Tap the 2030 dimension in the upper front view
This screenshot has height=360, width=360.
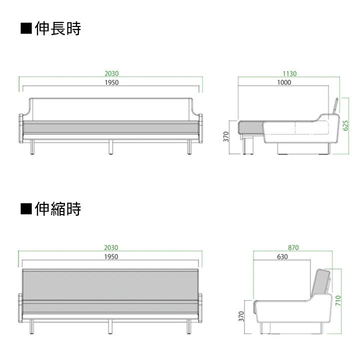pos(111,73)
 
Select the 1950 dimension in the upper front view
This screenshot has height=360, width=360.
pos(111,83)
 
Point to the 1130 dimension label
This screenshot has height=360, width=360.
pos(289,73)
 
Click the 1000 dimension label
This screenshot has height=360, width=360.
pos(283,83)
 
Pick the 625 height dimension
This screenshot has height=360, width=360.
pos(345,125)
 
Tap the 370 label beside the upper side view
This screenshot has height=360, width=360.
pos(226,136)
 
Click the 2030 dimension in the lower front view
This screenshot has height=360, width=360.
pos(111,247)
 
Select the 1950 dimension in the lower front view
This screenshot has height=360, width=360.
pos(111,257)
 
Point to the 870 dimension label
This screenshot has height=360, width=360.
pos(293,247)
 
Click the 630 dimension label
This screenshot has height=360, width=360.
pos(282,257)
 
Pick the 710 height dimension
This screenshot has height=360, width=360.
pos(338,300)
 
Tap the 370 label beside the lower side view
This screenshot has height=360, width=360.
pos(241,316)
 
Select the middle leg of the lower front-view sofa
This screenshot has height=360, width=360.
pos(110,326)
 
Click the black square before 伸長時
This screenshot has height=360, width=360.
pos(26,28)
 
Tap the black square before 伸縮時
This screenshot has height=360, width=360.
pos(26,208)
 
